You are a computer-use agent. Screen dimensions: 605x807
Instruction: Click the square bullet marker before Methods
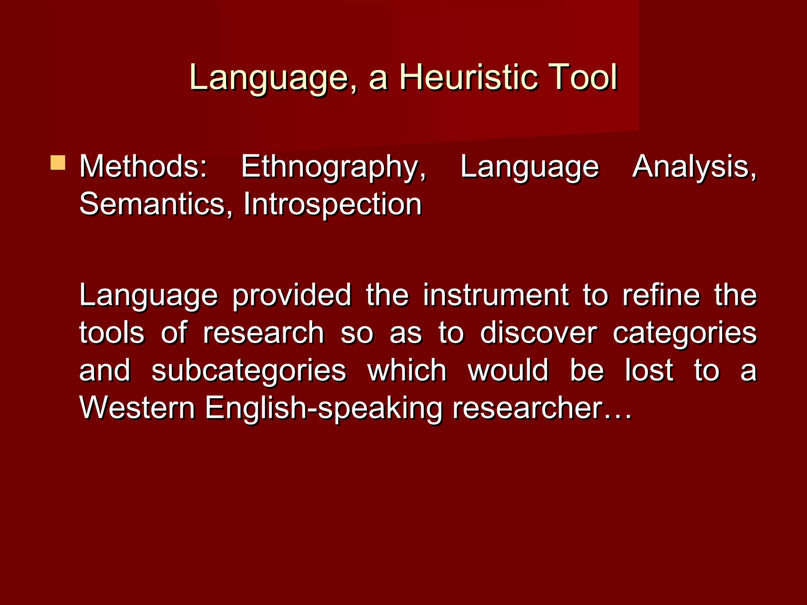tap(58, 162)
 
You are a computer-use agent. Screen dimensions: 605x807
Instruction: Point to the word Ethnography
tap(333, 167)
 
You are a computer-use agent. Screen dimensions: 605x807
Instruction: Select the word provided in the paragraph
tap(292, 295)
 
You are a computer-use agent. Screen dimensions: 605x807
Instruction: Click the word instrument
tap(496, 295)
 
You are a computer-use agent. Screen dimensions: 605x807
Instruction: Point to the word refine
tap(661, 295)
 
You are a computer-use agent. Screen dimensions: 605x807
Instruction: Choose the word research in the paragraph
tap(263, 333)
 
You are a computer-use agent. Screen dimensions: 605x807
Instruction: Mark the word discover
tap(538, 333)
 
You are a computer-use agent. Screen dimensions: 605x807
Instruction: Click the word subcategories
tap(249, 371)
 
